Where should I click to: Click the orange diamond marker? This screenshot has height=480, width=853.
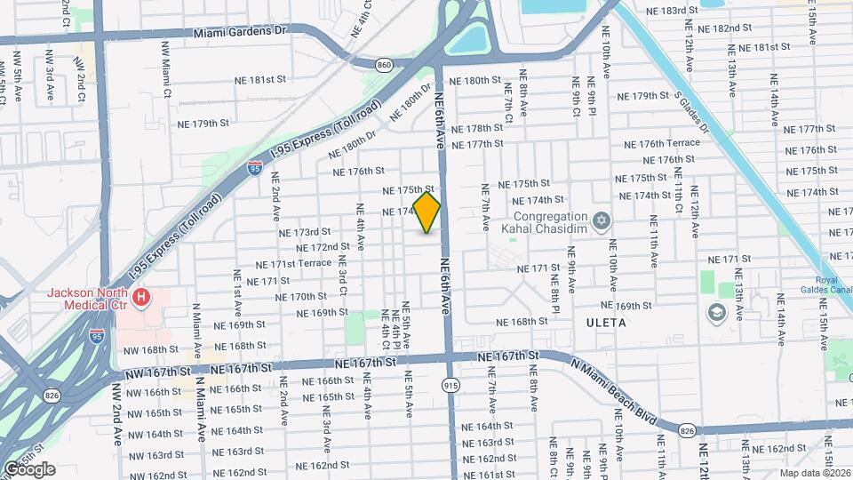[426, 212]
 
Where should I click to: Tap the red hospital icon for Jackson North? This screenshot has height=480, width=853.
[141, 297]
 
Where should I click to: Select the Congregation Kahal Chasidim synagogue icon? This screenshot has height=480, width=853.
[601, 220]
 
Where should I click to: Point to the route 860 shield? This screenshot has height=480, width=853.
[384, 65]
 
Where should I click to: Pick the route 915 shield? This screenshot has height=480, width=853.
[450, 384]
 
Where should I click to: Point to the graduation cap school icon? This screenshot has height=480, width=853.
[716, 312]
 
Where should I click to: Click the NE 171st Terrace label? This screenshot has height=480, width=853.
[293, 264]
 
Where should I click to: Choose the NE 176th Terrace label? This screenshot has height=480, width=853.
[662, 143]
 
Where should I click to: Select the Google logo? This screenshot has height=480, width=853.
[28, 468]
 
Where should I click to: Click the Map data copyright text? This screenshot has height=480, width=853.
[815, 473]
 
